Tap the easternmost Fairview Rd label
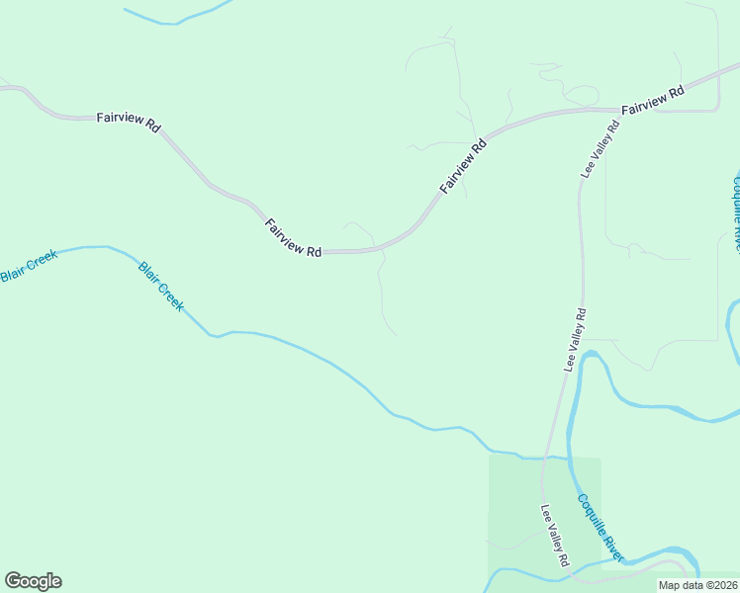pyautogui.click(x=653, y=100)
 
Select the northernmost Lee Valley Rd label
pyautogui.click(x=600, y=148)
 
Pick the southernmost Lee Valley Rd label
pyautogui.click(x=555, y=535)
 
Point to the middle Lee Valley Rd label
pyautogui.click(x=576, y=339)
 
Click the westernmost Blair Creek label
pyautogui.click(x=29, y=266)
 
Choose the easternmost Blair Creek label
pyautogui.click(x=161, y=287)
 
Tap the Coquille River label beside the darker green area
pyautogui.click(x=601, y=527)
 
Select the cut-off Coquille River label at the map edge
pyautogui.click(x=735, y=212)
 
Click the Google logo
pyautogui.click(x=33, y=581)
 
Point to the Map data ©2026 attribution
pyautogui.click(x=697, y=585)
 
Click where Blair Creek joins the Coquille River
pyautogui.click(x=567, y=459)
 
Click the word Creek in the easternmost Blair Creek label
pyautogui.click(x=171, y=296)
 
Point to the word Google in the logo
pyautogui.click(x=33, y=581)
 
